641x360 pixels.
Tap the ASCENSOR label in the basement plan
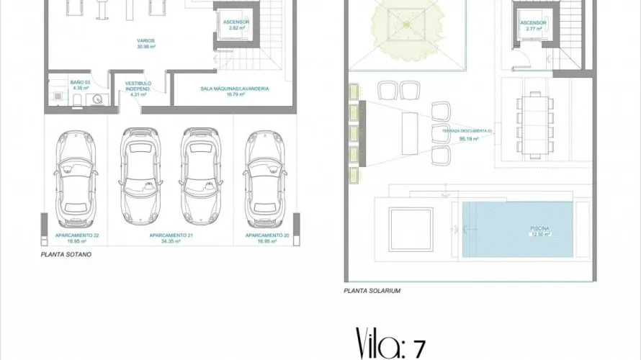[236, 22]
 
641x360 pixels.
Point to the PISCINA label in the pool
[540, 228]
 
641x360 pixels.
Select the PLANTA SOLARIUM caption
[372, 291]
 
